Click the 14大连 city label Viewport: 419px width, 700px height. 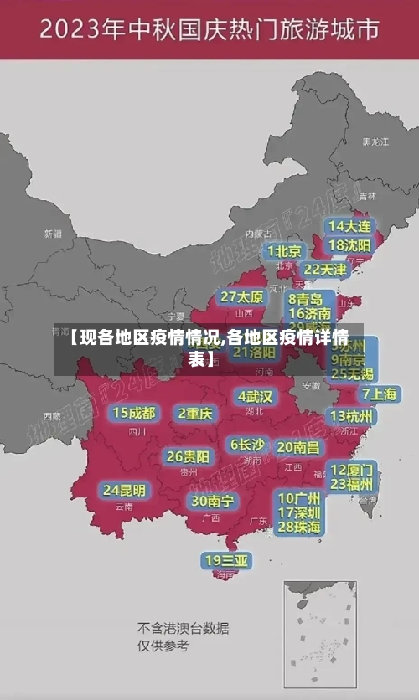click(x=349, y=226)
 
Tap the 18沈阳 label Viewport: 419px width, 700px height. click(x=349, y=245)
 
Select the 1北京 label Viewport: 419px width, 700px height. click(x=285, y=251)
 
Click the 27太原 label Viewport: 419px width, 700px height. click(x=242, y=297)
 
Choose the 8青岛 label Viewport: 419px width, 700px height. click(x=306, y=299)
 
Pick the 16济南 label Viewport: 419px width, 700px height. click(x=308, y=314)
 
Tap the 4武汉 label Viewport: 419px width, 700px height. click(x=255, y=396)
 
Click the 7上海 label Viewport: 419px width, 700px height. click(x=379, y=394)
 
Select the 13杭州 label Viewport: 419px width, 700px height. click(x=353, y=416)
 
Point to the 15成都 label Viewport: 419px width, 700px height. click(x=134, y=413)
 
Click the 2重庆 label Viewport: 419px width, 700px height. click(x=195, y=413)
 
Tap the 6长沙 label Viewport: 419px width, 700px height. click(x=247, y=445)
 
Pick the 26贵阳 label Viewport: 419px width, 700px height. click(x=189, y=457)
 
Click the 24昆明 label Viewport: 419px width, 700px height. click(x=124, y=490)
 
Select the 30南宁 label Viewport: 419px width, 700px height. click(x=213, y=501)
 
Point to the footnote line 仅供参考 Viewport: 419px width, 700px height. click(x=163, y=646)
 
